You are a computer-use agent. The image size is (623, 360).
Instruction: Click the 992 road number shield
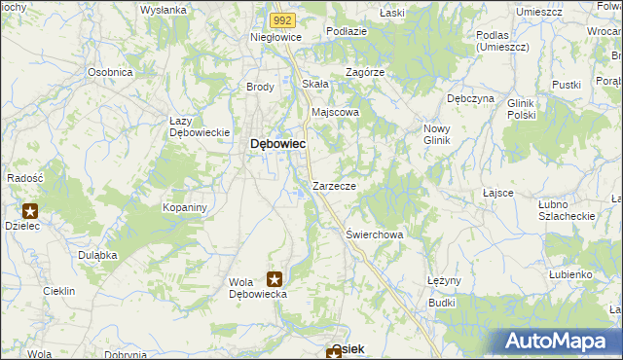click(x=282, y=18)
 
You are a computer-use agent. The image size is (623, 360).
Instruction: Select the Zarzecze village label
click(x=334, y=185)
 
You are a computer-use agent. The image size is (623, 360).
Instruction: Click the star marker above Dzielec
click(x=30, y=210)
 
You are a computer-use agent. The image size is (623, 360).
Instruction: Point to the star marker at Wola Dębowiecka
click(x=275, y=278)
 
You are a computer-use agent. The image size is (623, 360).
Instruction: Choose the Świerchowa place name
click(x=375, y=234)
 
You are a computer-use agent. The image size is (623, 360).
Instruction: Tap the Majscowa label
click(x=335, y=112)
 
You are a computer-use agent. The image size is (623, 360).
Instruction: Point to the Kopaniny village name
click(x=186, y=208)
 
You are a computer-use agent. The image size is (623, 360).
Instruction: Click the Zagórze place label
click(x=366, y=72)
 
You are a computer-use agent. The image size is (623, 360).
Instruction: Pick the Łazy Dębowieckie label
click(x=199, y=126)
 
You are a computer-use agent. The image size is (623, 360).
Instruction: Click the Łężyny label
click(x=443, y=280)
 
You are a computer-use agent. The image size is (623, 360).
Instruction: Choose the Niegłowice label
click(x=276, y=37)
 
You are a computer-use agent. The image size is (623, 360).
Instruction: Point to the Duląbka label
click(x=98, y=254)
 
